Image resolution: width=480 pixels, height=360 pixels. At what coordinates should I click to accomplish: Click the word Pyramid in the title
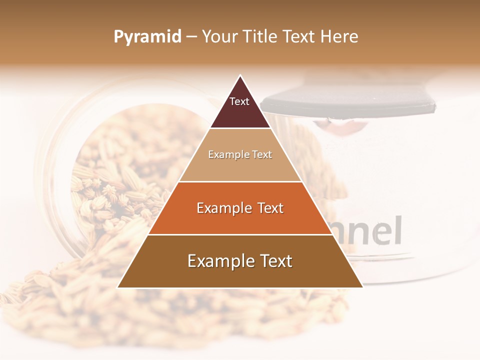[x=147, y=36]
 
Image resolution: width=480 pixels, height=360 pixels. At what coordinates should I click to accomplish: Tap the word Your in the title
[x=220, y=36]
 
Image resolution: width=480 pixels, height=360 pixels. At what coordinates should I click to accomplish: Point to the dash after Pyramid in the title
[x=191, y=37]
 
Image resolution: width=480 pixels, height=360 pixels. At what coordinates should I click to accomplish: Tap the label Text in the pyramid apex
[x=239, y=101]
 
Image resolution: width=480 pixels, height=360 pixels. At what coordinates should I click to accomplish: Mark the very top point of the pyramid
[x=240, y=76]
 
